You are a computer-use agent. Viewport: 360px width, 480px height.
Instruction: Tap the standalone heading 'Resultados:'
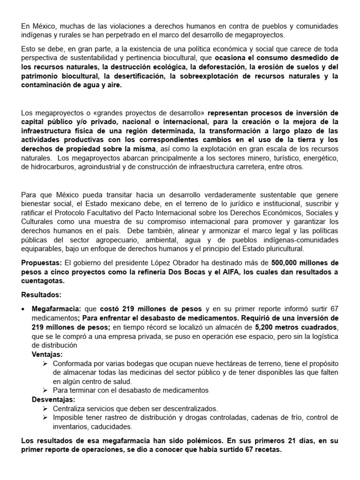click(41, 295)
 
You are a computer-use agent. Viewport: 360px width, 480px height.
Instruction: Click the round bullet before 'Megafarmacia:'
click(24, 310)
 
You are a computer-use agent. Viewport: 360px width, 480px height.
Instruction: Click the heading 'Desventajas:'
click(53, 399)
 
